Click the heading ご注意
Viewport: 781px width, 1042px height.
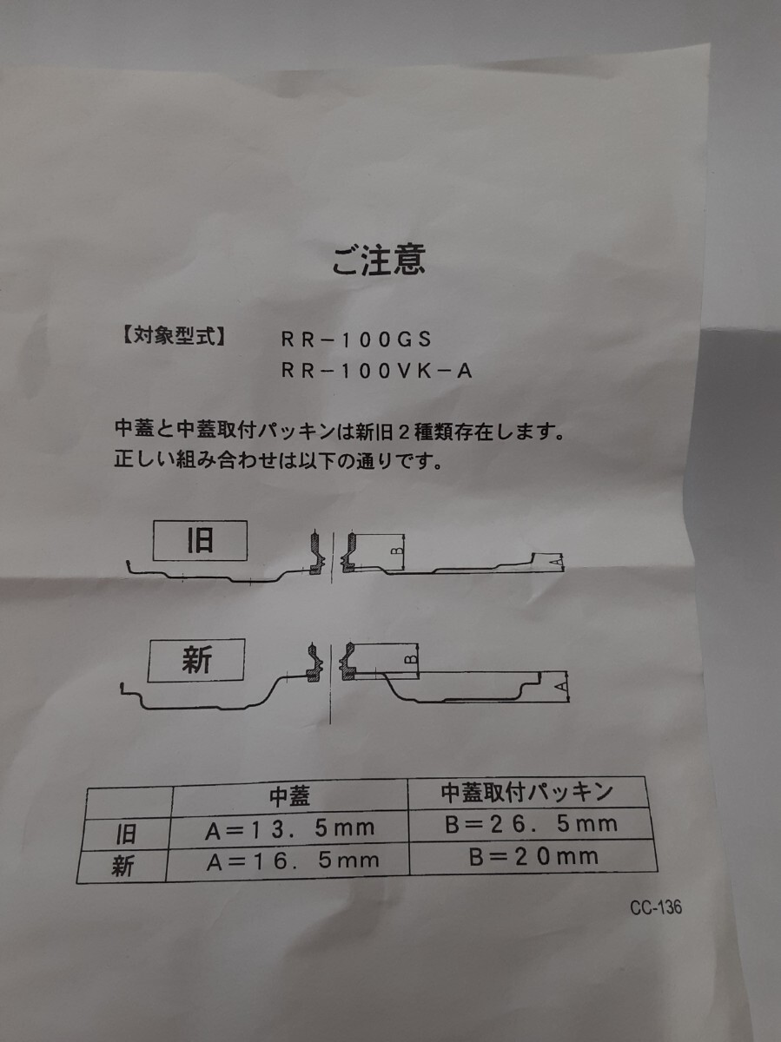click(x=380, y=260)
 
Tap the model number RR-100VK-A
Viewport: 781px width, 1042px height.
click(x=376, y=371)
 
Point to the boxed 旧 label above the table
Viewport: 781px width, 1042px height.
click(x=200, y=542)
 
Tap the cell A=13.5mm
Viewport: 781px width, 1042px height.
click(x=289, y=827)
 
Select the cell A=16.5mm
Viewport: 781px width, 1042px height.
click(x=292, y=861)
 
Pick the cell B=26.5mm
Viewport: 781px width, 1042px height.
click(x=531, y=823)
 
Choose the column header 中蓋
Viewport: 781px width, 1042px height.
click(x=289, y=795)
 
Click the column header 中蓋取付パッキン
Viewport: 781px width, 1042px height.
click(x=527, y=792)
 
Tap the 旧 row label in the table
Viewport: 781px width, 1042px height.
click(x=126, y=834)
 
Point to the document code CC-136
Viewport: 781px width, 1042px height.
click(x=656, y=908)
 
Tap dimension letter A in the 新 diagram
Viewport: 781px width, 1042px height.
click(x=562, y=687)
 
